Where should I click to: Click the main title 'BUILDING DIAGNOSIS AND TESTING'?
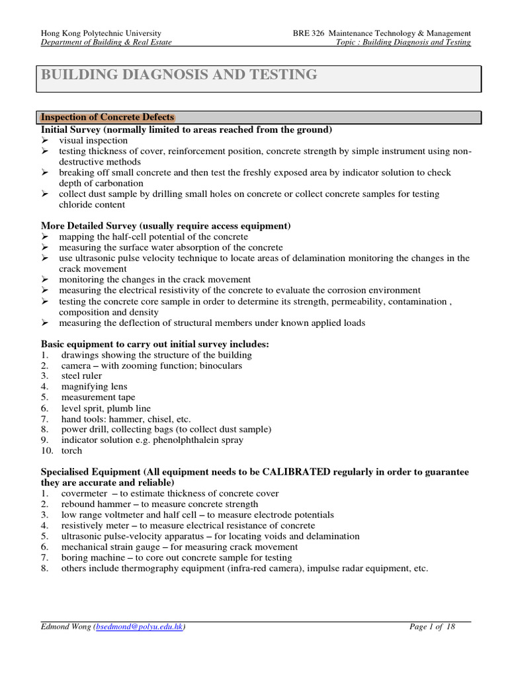click(179, 75)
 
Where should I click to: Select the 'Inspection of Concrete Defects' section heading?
click(108, 117)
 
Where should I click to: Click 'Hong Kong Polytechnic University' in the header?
click(101, 32)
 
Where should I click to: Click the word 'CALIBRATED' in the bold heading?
click(297, 472)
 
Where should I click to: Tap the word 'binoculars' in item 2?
click(221, 365)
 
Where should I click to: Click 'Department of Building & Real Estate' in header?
click(106, 42)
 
